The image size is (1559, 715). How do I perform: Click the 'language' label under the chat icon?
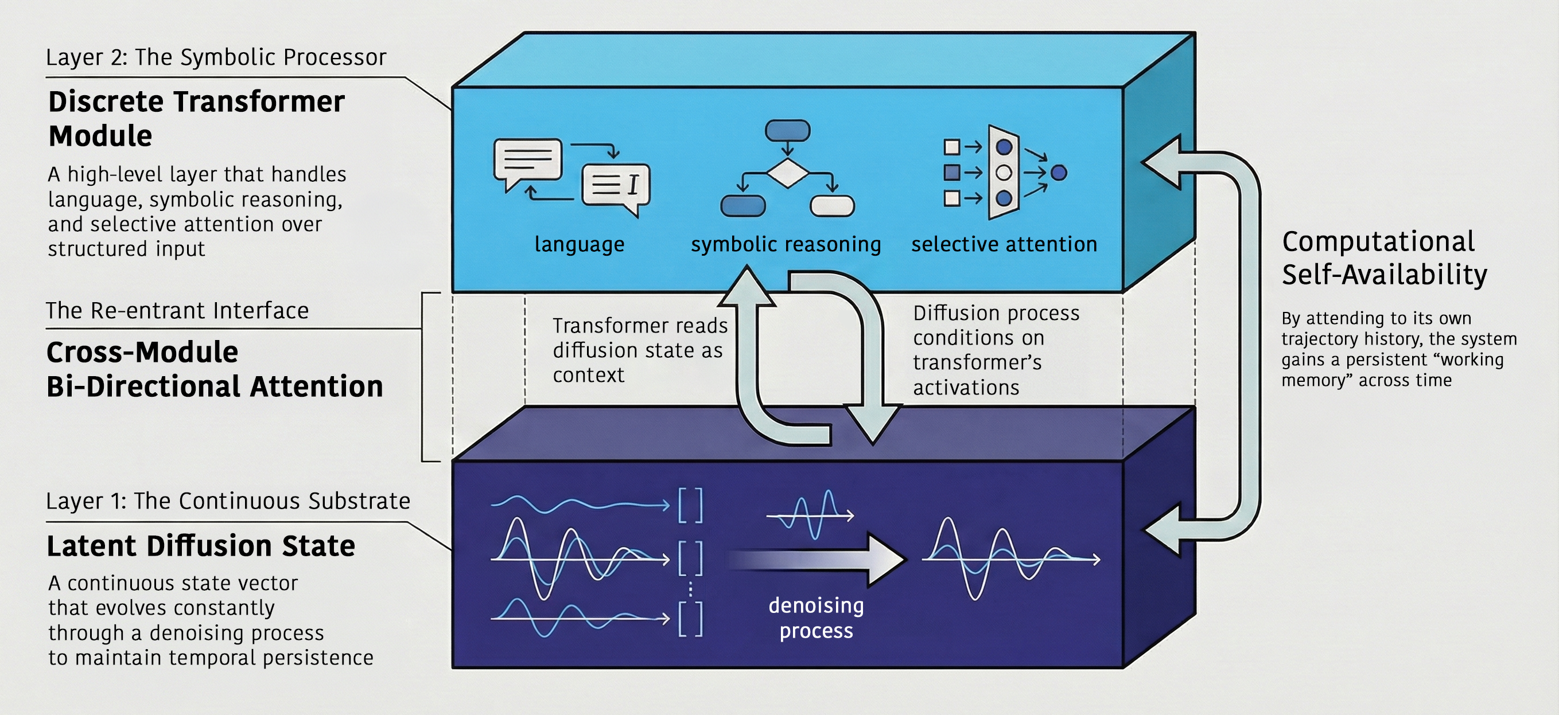[579, 244]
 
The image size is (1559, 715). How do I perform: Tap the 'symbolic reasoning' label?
[786, 244]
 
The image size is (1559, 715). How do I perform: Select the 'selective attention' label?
[1004, 244]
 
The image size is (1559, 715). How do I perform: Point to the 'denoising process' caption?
[816, 618]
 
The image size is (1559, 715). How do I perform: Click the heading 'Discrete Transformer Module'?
[196, 118]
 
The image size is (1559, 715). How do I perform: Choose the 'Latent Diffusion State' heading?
[200, 546]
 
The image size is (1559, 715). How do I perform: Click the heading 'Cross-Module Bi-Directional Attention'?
[214, 369]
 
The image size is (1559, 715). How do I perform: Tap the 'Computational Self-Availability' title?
[1384, 257]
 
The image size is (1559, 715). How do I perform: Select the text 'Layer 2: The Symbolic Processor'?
[215, 57]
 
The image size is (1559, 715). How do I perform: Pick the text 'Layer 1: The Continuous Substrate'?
[228, 501]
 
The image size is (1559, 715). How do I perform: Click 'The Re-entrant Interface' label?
[177, 311]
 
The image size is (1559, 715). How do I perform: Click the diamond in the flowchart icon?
[787, 174]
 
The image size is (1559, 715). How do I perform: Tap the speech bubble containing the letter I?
[616, 186]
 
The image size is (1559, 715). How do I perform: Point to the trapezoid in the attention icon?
[1004, 173]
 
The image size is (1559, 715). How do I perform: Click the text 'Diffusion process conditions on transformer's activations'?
[996, 350]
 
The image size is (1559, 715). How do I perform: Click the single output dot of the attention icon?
[1059, 173]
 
